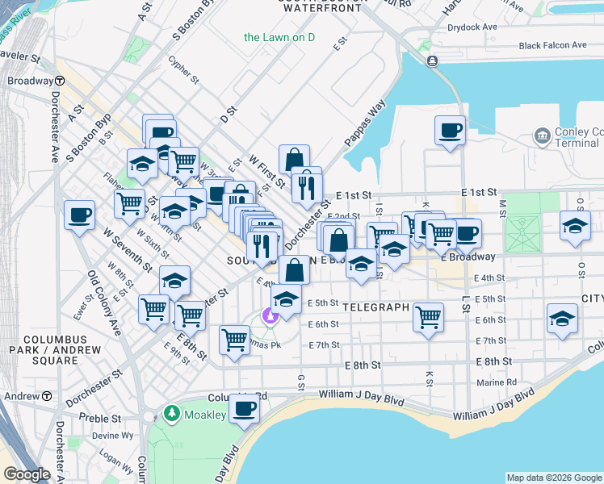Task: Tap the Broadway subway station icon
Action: point(61,81)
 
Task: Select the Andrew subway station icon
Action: point(47,397)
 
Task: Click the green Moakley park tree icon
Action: point(171,414)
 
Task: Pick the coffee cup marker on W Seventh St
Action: point(79,215)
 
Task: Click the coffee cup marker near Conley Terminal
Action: point(450,130)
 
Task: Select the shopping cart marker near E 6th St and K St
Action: point(428,316)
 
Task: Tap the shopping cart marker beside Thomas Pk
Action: point(234,340)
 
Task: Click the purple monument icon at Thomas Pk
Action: point(270,315)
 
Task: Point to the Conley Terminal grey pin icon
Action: point(542,133)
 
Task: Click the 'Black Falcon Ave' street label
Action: point(552,46)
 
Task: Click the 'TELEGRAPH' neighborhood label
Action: point(372,308)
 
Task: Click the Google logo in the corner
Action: point(27,474)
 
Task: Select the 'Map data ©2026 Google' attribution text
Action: point(554,478)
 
